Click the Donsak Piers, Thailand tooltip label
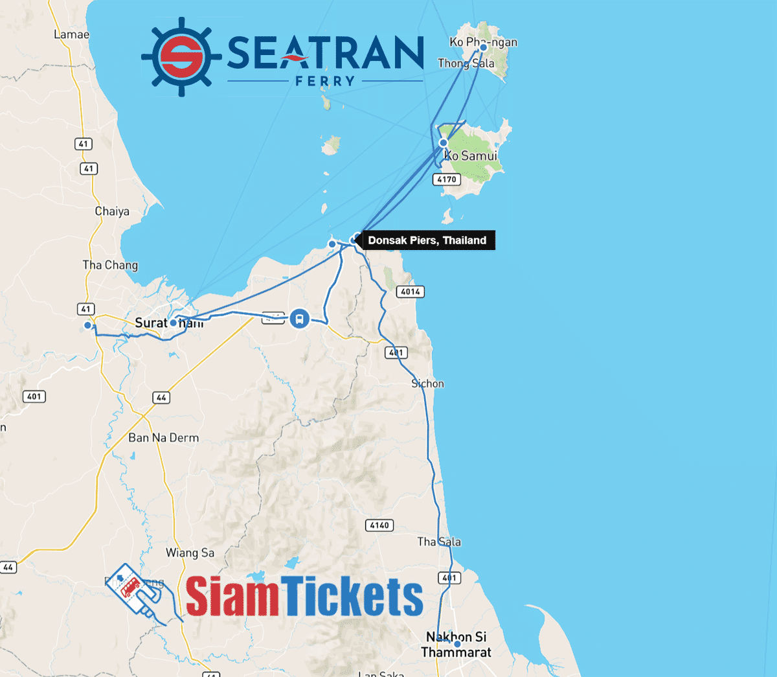pyautogui.click(x=427, y=240)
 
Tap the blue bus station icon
pyautogui.click(x=299, y=318)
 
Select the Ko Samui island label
pyautogui.click(x=471, y=155)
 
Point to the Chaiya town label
pyautogui.click(x=112, y=211)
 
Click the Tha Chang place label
pyautogui.click(x=110, y=265)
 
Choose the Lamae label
pyautogui.click(x=71, y=34)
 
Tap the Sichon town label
pyautogui.click(x=428, y=384)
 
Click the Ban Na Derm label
pyautogui.click(x=163, y=438)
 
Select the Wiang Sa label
pyautogui.click(x=190, y=553)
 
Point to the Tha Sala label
pyautogui.click(x=439, y=542)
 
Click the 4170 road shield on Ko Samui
pyautogui.click(x=447, y=179)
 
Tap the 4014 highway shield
pyautogui.click(x=411, y=292)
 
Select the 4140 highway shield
pyautogui.click(x=379, y=525)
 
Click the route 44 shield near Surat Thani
pyautogui.click(x=161, y=397)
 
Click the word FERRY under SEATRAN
pyautogui.click(x=326, y=81)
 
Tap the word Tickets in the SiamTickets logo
pyautogui.click(x=352, y=596)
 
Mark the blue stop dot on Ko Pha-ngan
pyautogui.click(x=483, y=47)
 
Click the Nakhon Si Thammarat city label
pyautogui.click(x=456, y=645)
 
